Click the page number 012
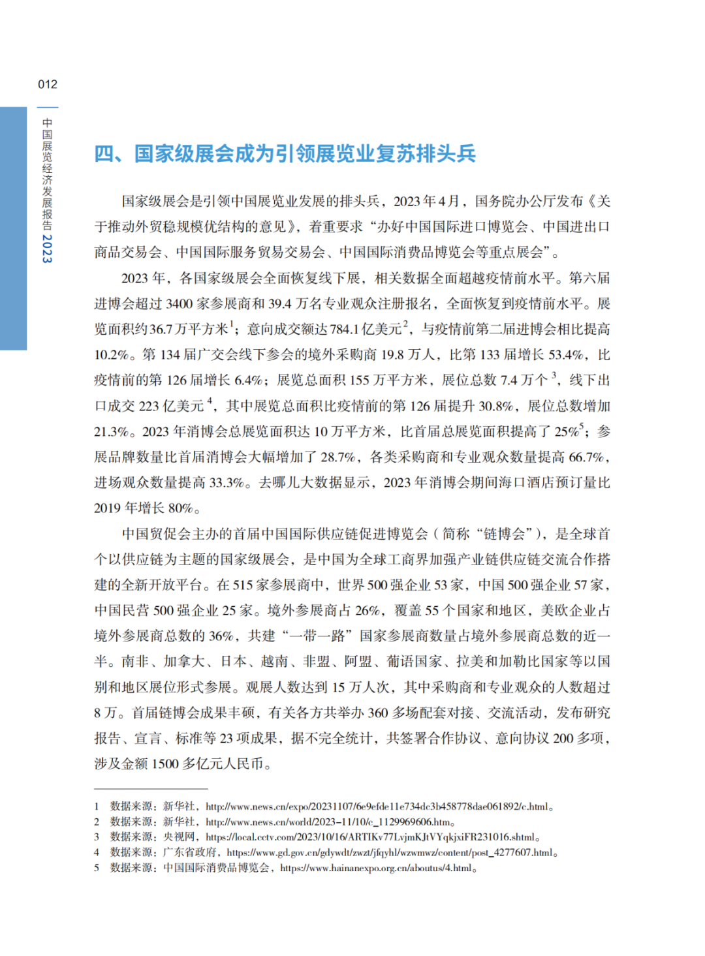(48, 84)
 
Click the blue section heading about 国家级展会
(285, 154)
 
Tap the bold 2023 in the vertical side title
(47, 248)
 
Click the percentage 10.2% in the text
(112, 355)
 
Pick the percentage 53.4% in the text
(566, 355)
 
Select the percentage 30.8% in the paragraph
(496, 406)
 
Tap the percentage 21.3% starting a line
(112, 432)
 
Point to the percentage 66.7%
(587, 457)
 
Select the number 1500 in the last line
(165, 763)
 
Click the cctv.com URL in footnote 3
(370, 837)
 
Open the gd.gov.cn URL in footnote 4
(389, 852)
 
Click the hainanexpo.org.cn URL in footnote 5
(375, 868)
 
